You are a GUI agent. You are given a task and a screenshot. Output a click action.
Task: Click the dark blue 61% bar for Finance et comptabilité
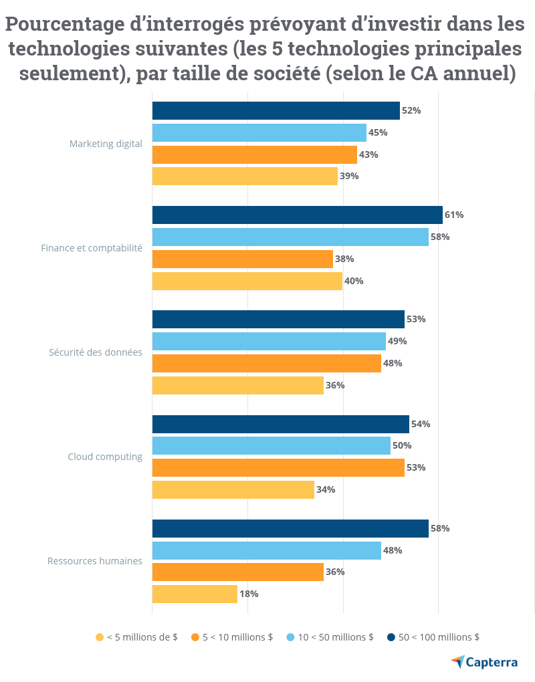[297, 215]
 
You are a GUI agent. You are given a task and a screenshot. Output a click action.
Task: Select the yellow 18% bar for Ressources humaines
[195, 594]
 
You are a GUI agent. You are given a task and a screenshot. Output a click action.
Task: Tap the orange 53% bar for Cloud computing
[278, 467]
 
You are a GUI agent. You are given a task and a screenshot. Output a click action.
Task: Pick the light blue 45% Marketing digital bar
[259, 132]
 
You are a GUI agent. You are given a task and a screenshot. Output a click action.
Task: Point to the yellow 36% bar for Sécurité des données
[238, 385]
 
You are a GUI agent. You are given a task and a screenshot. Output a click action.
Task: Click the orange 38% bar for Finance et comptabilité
[243, 259]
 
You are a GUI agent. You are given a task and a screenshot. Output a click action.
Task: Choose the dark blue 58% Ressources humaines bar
[290, 528]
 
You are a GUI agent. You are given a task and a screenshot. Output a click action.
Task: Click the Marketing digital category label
[106, 143]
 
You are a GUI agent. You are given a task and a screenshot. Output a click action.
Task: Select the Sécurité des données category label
[96, 352]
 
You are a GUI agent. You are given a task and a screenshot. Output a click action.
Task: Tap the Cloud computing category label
[105, 457]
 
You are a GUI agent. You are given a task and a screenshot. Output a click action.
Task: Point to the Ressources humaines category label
[95, 561]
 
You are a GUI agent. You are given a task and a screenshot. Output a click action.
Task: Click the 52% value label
[411, 110]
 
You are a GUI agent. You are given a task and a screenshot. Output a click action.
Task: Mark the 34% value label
[326, 489]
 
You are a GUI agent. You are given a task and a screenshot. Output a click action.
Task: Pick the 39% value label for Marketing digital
[349, 176]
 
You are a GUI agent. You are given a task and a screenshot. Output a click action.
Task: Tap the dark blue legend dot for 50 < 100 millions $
[391, 637]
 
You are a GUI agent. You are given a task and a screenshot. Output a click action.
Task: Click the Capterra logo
[484, 662]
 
